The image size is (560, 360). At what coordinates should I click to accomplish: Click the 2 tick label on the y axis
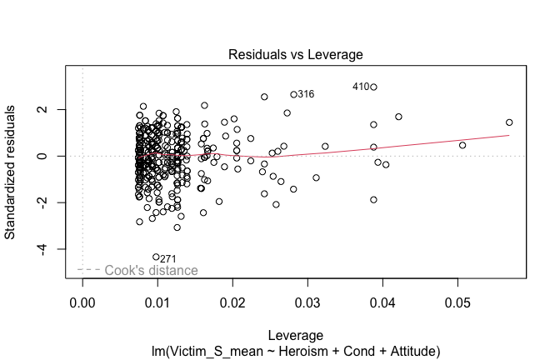coord(51,109)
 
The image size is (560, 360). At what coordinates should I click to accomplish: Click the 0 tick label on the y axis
coord(51,156)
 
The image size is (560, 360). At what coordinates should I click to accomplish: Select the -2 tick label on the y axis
coord(51,202)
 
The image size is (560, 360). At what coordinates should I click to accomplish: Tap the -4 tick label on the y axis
coord(51,249)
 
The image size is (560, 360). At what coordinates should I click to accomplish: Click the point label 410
coord(360,87)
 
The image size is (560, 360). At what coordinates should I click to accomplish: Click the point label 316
coord(306,95)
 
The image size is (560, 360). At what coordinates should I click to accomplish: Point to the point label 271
coord(169,259)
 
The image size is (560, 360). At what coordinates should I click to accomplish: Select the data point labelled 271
coord(156,257)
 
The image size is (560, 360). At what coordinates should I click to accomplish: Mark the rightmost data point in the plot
coord(509,122)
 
